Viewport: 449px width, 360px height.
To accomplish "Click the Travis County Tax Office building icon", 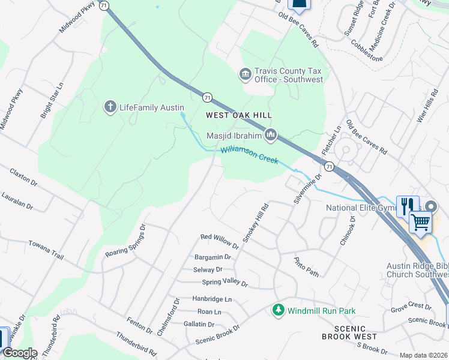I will (x=245, y=74).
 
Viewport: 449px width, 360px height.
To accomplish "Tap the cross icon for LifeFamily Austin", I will (x=110, y=107).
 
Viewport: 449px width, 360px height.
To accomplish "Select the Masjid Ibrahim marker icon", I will (x=271, y=135).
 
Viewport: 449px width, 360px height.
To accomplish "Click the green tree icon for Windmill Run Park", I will (x=278, y=310).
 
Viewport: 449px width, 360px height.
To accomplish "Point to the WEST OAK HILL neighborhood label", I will (x=239, y=115).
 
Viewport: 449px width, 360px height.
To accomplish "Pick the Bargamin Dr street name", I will (x=209, y=257).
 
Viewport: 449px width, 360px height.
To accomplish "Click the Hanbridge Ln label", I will (x=212, y=298).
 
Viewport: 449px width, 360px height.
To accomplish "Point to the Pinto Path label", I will (x=306, y=267).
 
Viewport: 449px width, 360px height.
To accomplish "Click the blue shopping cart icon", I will (x=420, y=221).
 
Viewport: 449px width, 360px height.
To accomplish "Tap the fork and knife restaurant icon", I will (x=406, y=205).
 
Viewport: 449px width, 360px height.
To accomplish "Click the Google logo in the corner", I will (x=20, y=353).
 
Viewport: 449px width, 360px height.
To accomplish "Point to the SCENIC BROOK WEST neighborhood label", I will (x=348, y=333).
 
